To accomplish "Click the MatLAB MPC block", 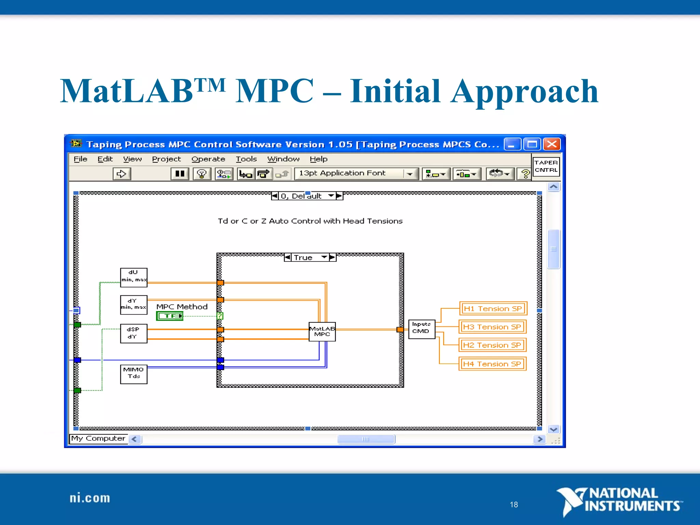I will click(322, 332).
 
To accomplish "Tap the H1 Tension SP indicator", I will click(493, 309).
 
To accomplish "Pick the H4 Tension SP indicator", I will click(492, 364).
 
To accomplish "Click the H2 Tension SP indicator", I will click(492, 345).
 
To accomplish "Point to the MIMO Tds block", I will click(134, 374).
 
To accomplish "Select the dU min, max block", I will click(134, 277).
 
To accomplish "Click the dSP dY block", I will click(134, 333).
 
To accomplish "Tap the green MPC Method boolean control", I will click(170, 316).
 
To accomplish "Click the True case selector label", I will click(304, 258).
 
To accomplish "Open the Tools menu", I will click(246, 159).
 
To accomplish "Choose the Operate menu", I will click(208, 159).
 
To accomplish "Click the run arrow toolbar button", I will click(122, 174).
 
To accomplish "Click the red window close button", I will click(552, 144).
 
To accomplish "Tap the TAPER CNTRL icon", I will click(546, 166).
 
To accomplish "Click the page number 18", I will click(514, 504).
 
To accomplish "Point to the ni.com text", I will click(90, 498).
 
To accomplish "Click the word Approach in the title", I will click(524, 91).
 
